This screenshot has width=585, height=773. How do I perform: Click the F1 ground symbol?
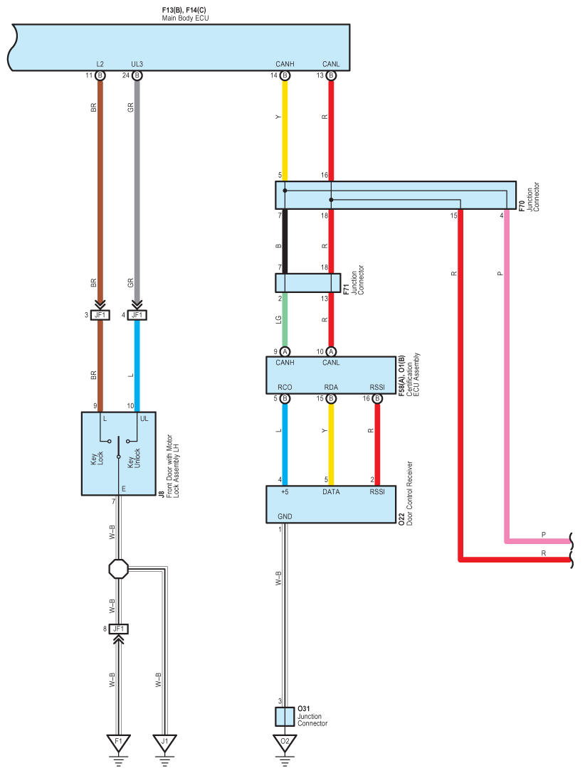point(118,745)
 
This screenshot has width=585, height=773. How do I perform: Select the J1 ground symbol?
point(164,745)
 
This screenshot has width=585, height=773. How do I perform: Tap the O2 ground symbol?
point(285,745)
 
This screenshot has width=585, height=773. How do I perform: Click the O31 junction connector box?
point(285,717)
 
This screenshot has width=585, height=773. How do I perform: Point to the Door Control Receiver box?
point(331,504)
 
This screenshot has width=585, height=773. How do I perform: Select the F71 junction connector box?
point(307,283)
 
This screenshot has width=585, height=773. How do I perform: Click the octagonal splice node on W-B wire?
point(118,569)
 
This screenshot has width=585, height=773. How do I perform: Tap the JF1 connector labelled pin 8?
point(118,629)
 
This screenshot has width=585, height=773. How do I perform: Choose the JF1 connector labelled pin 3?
point(100,314)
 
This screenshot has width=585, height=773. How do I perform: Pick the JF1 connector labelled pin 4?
point(137,314)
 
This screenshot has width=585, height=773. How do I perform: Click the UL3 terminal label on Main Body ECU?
point(137,64)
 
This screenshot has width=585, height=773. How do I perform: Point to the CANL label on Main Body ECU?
point(331,64)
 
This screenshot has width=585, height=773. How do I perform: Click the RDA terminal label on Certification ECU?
point(331,388)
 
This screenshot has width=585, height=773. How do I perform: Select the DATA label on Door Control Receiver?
point(331,492)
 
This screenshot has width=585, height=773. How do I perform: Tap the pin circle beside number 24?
point(137,75)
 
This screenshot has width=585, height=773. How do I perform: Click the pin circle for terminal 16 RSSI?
point(377,398)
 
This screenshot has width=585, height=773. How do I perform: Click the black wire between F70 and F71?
point(285,242)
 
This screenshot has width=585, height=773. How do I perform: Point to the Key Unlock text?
point(134,458)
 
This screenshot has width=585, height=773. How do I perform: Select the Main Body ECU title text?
point(186,18)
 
